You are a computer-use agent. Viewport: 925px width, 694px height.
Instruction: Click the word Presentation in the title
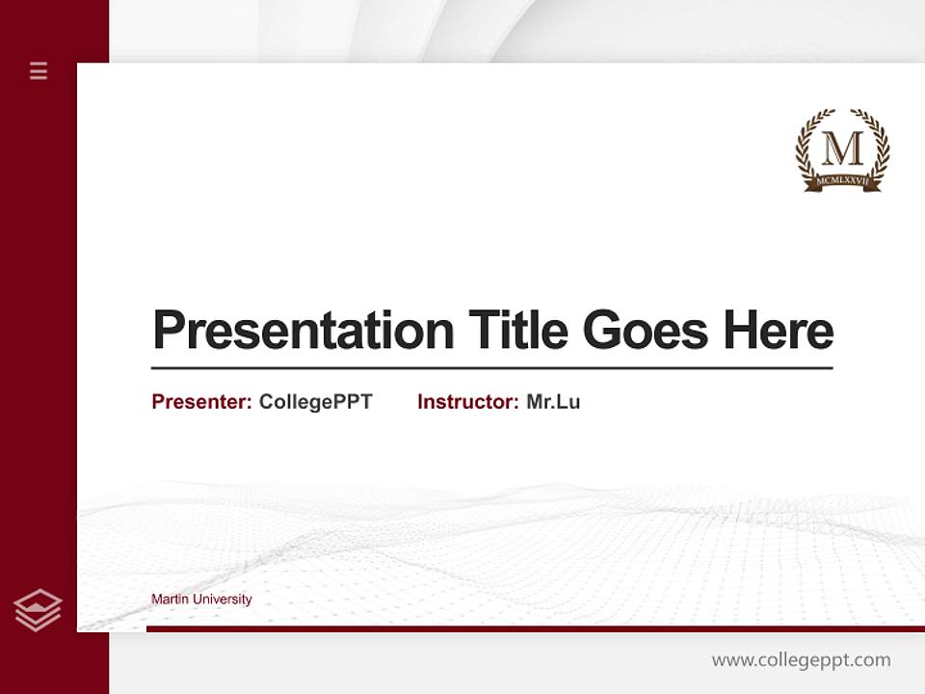303,331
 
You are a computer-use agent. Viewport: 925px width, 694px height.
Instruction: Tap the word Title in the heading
517,331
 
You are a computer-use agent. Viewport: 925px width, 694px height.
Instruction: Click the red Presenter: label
201,402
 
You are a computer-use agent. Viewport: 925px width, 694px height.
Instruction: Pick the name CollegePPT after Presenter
315,402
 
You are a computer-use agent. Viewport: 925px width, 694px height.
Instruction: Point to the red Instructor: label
467,402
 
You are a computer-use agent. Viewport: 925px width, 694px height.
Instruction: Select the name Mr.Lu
553,402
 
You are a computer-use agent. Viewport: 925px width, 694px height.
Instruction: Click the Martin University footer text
201,600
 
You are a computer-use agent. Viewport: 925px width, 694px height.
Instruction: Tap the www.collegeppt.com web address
801,660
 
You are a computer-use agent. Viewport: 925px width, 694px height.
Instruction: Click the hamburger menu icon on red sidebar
39,70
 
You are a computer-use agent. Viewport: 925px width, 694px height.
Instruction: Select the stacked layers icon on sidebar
38,610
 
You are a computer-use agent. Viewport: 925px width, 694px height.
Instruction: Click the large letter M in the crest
842,148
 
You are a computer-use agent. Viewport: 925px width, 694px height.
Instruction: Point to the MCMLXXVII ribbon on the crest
842,180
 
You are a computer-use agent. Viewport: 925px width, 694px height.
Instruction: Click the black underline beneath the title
491,368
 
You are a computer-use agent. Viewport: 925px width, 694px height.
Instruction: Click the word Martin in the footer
170,600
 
